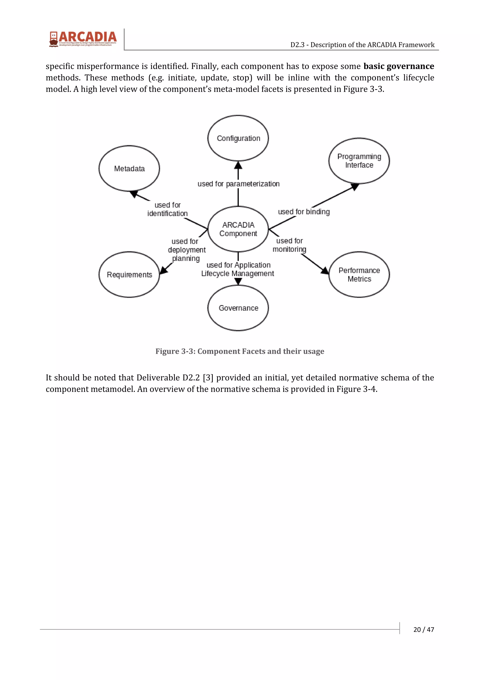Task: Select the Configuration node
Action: click(238, 138)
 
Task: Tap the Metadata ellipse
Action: click(129, 168)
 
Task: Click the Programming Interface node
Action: click(359, 161)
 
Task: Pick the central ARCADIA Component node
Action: click(238, 229)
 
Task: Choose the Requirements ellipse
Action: click(129, 275)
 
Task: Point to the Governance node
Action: click(238, 308)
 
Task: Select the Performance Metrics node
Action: click(359, 275)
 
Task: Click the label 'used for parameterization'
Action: click(238, 184)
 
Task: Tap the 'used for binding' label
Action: click(304, 212)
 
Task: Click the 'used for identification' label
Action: click(167, 209)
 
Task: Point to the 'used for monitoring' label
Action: click(289, 245)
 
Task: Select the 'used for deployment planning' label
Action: click(186, 250)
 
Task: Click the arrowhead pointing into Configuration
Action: click(238, 165)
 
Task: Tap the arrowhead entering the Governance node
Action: click(238, 281)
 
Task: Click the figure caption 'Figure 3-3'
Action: click(240, 351)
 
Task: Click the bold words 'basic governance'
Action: click(399, 66)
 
